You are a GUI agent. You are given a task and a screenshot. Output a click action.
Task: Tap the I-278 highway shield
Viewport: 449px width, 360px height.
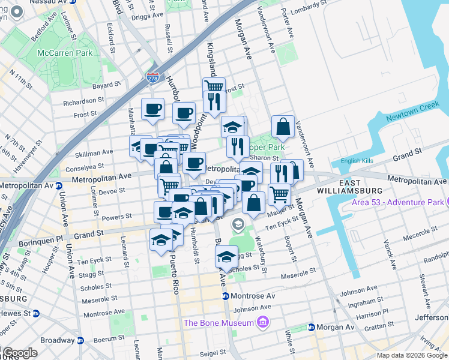pos(152,77)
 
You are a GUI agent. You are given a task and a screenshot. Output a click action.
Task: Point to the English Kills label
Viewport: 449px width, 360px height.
pos(357,161)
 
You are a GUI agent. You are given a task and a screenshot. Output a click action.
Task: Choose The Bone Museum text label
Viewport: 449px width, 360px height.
pos(219,323)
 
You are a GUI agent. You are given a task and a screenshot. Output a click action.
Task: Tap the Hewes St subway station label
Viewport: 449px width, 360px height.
pos(14,313)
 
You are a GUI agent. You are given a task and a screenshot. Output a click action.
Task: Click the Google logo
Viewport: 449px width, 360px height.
pos(20,353)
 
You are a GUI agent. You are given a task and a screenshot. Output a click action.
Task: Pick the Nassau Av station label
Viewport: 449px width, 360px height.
pos(46,2)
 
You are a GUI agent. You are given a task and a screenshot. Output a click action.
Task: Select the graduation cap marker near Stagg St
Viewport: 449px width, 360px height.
pos(226,257)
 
